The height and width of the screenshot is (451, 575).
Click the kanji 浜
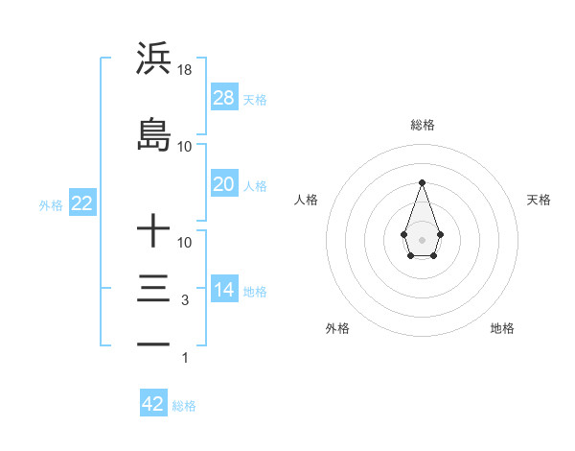pyautogui.click(x=153, y=59)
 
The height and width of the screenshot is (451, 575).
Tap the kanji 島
pyautogui.click(x=153, y=135)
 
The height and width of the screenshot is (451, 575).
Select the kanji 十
pyautogui.click(x=153, y=231)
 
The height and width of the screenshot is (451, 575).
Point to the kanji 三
pyautogui.click(x=153, y=289)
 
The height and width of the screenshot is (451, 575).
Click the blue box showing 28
pyautogui.click(x=223, y=97)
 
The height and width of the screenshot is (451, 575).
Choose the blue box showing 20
pyautogui.click(x=223, y=184)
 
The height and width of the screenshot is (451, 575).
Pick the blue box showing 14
pyautogui.click(x=223, y=290)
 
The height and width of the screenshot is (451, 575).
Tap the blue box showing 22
pyautogui.click(x=81, y=203)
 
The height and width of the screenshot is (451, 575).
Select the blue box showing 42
pyautogui.click(x=153, y=404)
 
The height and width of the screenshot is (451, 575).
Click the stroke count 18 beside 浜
pyautogui.click(x=185, y=70)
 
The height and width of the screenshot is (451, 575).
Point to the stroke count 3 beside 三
pyautogui.click(x=184, y=300)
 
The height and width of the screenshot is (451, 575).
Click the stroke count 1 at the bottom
pyautogui.click(x=186, y=358)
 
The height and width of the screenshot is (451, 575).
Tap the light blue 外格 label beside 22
pyautogui.click(x=52, y=204)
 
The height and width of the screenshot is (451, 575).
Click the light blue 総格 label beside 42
pyautogui.click(x=184, y=406)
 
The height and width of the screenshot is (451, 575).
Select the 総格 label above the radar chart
pyautogui.click(x=422, y=125)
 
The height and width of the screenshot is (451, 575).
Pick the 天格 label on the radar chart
pyautogui.click(x=540, y=200)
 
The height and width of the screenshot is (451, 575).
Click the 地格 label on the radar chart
pyautogui.click(x=502, y=328)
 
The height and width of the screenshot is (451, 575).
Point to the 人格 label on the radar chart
pyautogui.click(x=307, y=200)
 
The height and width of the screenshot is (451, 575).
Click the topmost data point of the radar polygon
pyautogui.click(x=422, y=181)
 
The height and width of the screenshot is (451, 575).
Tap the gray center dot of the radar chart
pyautogui.click(x=422, y=238)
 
